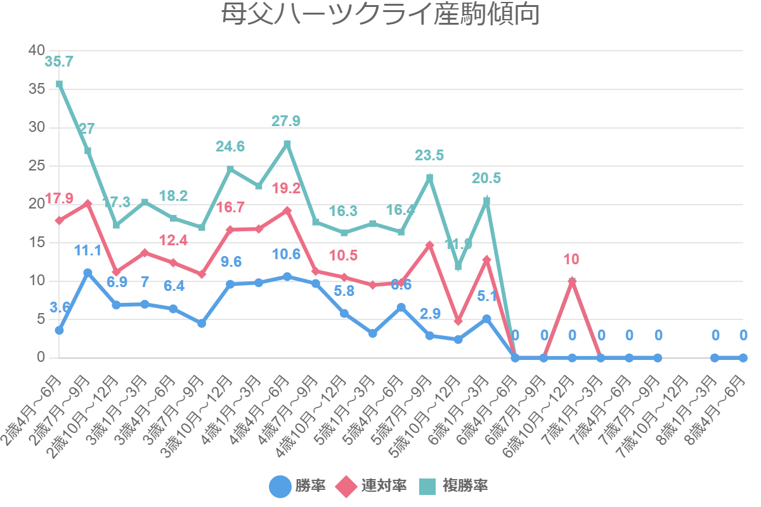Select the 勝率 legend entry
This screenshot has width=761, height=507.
click(298, 486)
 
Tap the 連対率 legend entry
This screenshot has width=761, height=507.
click(374, 486)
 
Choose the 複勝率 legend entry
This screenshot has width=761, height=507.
click(454, 486)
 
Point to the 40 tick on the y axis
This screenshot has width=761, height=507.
click(37, 50)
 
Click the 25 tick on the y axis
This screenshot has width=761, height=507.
click(37, 165)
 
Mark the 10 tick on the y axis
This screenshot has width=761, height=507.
click(37, 281)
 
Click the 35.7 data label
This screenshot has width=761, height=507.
click(59, 62)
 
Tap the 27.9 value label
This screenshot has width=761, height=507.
click(286, 122)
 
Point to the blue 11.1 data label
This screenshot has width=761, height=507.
click(88, 250)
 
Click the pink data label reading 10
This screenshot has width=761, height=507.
click(572, 259)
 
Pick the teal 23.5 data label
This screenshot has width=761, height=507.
click(429, 156)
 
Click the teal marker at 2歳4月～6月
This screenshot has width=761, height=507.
click(59, 84)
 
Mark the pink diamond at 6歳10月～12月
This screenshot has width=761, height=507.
click(572, 281)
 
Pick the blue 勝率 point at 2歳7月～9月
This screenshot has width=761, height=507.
click(88, 273)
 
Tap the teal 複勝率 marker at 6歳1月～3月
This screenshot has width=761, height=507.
click(486, 201)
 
